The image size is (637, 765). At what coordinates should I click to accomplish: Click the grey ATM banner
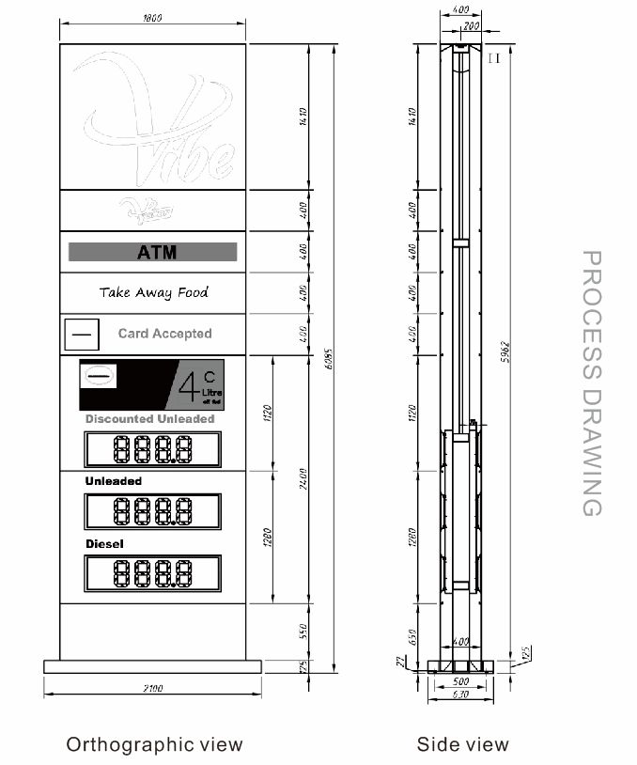[x=153, y=252]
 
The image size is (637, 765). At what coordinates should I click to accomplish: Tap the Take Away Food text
[x=154, y=292]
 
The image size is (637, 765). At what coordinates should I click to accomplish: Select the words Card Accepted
[x=164, y=334]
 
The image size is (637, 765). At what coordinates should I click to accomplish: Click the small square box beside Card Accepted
[x=81, y=334]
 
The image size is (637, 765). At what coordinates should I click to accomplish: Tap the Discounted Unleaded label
[x=150, y=419]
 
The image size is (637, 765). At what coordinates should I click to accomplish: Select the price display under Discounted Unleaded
[x=153, y=450]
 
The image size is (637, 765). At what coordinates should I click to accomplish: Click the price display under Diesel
[x=153, y=573]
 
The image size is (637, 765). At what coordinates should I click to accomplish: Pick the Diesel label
[x=104, y=544]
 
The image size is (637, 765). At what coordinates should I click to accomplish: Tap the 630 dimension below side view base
[x=460, y=695]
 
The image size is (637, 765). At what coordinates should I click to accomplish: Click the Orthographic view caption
[x=154, y=745]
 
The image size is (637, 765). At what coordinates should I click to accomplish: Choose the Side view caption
[x=463, y=745]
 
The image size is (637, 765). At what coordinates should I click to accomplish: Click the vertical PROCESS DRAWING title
[x=591, y=382]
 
